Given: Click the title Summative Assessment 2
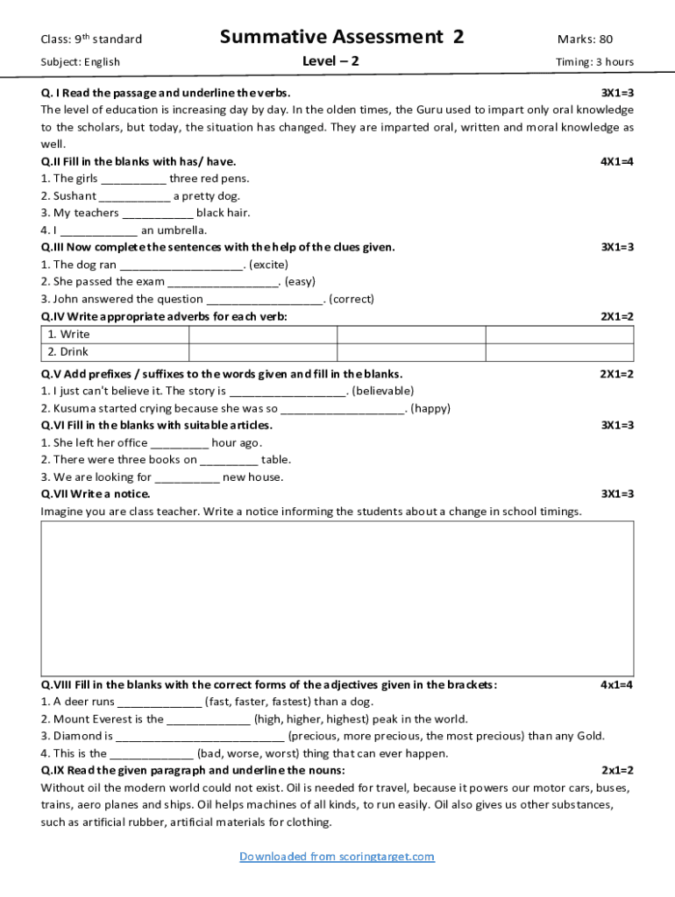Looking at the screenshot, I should pyautogui.click(x=341, y=37).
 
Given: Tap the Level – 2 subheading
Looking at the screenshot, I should pyautogui.click(x=330, y=61).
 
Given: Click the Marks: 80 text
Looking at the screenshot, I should pyautogui.click(x=585, y=39).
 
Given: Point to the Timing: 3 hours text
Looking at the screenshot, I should pyautogui.click(x=594, y=62).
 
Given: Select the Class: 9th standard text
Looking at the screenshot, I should pyautogui.click(x=91, y=39).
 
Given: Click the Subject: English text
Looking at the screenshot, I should pyautogui.click(x=81, y=62).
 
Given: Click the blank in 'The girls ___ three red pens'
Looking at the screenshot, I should pyautogui.click(x=133, y=179).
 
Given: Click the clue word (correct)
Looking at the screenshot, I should pyautogui.click(x=351, y=299).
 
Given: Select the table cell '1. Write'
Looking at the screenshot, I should pyautogui.click(x=115, y=335).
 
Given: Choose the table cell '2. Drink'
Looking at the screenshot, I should pyautogui.click(x=115, y=352).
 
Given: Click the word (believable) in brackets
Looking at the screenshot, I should pyautogui.click(x=383, y=391).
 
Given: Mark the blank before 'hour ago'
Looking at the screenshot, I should pyautogui.click(x=179, y=442).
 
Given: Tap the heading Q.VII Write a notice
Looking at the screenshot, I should pyautogui.click(x=96, y=494).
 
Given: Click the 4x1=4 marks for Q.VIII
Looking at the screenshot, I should pyautogui.click(x=616, y=684).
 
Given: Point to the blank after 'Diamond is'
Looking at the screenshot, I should pyautogui.click(x=200, y=736).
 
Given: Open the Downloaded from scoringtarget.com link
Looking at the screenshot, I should pyautogui.click(x=337, y=857).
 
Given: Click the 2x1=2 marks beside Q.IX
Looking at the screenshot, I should pyautogui.click(x=616, y=770).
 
